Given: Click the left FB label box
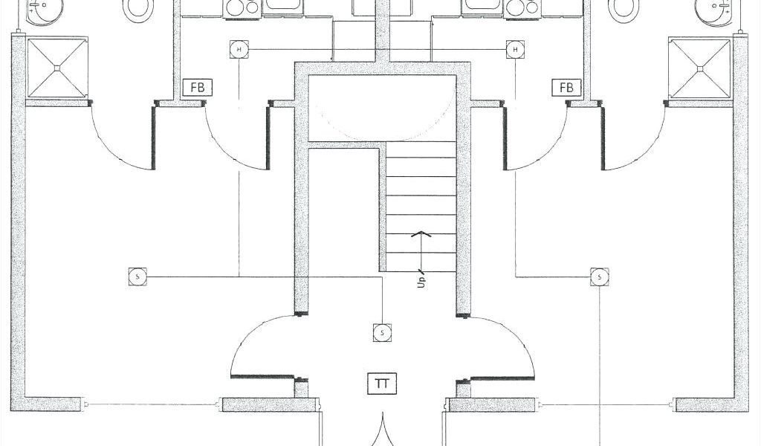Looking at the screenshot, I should click(x=198, y=88).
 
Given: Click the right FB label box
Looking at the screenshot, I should click(x=566, y=88).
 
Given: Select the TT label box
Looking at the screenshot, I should click(x=383, y=384).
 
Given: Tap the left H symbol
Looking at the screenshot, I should click(x=239, y=50).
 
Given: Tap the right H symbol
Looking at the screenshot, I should click(x=515, y=50).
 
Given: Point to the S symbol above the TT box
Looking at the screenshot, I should click(x=382, y=333).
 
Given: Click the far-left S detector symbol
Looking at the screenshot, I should click(x=137, y=277).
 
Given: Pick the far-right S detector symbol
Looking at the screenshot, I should click(x=600, y=277).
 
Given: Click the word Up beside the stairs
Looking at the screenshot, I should click(x=421, y=282).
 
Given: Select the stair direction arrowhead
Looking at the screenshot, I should click(x=421, y=235).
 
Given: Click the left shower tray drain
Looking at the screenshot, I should click(x=56, y=68).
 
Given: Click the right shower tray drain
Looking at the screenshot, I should click(x=700, y=68).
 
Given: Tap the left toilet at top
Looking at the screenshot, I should click(x=136, y=7).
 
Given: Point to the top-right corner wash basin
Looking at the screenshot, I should click(x=714, y=9).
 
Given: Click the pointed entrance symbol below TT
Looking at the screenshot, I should click(x=383, y=432).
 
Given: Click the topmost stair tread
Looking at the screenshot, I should click(x=421, y=149).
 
